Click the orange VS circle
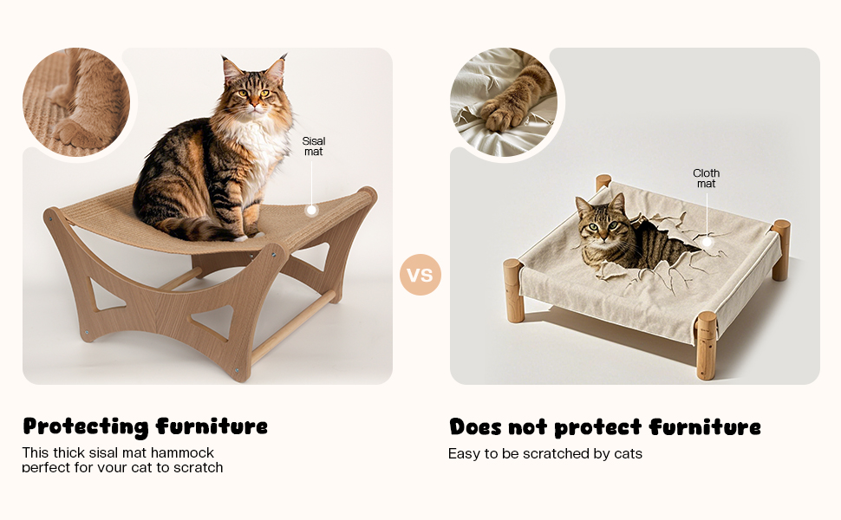tap(420, 276)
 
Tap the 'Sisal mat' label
tap(313, 146)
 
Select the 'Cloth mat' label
tap(706, 179)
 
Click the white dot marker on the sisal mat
tap(311, 210)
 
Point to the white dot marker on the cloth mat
tap(707, 244)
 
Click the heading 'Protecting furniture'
tap(145, 426)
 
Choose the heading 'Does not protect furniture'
tap(604, 427)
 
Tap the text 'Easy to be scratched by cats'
tap(544, 454)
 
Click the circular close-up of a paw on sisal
tap(76, 102)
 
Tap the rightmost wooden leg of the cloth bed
tap(780, 249)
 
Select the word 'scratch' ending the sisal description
tap(198, 468)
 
